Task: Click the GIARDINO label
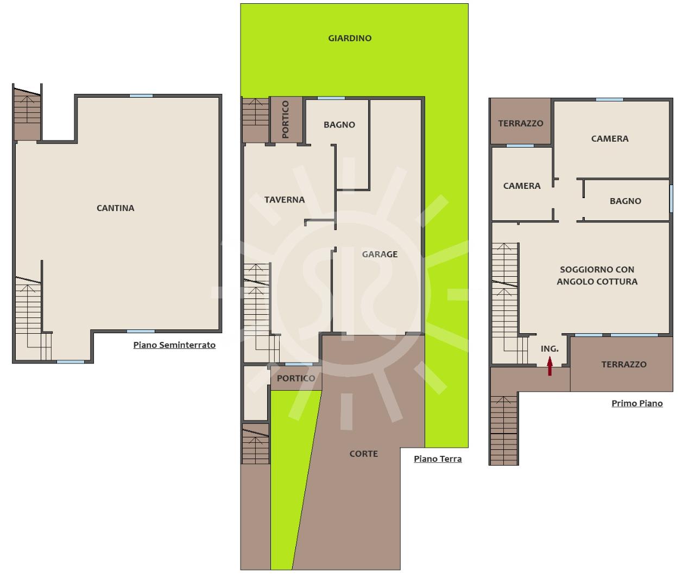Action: pyautogui.click(x=350, y=39)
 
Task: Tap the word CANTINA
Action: pyautogui.click(x=115, y=208)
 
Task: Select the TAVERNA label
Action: pyautogui.click(x=285, y=200)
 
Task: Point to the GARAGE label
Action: pyautogui.click(x=380, y=254)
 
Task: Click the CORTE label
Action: pyautogui.click(x=363, y=454)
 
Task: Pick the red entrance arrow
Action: pyautogui.click(x=549, y=366)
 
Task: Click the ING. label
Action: pyautogui.click(x=549, y=349)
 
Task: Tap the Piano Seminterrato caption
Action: pyautogui.click(x=174, y=345)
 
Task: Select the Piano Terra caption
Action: pyautogui.click(x=438, y=459)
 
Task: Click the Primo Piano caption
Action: pyautogui.click(x=637, y=403)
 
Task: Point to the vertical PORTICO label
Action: pyautogui.click(x=285, y=119)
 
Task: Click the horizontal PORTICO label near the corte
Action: pyautogui.click(x=296, y=378)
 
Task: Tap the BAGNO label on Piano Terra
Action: pyautogui.click(x=339, y=125)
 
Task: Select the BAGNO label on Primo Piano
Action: pyautogui.click(x=625, y=201)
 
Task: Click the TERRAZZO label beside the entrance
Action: pyautogui.click(x=624, y=364)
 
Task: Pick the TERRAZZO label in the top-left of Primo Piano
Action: pyautogui.click(x=521, y=123)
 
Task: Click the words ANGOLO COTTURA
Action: pyautogui.click(x=597, y=282)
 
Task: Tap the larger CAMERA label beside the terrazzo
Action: pyautogui.click(x=609, y=139)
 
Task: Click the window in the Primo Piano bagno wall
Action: pyautogui.click(x=671, y=199)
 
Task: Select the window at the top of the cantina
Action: pyautogui.click(x=141, y=96)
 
